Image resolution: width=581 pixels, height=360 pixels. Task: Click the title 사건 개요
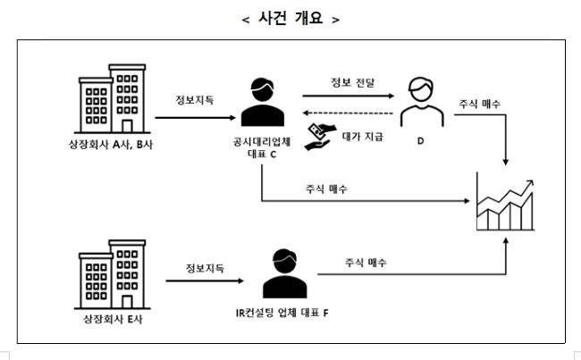click(290, 19)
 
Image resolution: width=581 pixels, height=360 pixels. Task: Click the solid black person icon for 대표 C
click(261, 105)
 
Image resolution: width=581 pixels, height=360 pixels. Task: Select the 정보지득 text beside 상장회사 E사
click(206, 268)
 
